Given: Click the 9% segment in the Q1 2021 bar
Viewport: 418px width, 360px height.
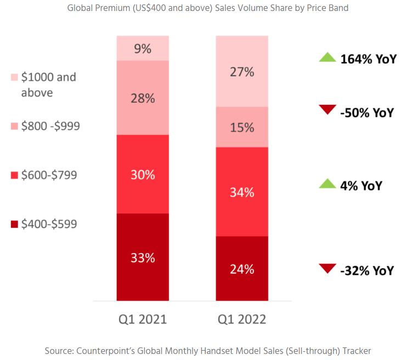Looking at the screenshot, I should (143, 48).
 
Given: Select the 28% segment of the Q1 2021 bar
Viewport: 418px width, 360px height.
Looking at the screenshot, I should (143, 98).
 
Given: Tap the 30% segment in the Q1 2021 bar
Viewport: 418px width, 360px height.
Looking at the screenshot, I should (143, 174).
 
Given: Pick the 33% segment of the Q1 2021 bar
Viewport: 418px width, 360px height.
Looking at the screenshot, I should (143, 257).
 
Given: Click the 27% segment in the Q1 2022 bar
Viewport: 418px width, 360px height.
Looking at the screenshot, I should (242, 71).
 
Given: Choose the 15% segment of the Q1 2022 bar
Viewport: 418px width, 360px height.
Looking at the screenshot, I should (242, 127).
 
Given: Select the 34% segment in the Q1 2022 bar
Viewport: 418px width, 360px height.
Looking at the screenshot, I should (242, 192).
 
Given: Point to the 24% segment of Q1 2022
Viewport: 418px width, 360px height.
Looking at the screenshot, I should (242, 268).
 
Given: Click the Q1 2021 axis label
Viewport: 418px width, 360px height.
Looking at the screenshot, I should (143, 319).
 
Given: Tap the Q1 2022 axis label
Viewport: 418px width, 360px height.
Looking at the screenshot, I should (242, 319).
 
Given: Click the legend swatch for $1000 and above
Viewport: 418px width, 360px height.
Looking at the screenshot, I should (14, 77).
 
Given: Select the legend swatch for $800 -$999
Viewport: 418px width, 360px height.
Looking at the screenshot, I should (14, 126).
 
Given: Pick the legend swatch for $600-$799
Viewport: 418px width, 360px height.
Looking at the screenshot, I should (14, 175).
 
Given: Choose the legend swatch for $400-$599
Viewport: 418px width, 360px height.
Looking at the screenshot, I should (14, 224).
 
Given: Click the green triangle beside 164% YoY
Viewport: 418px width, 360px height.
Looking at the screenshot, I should (327, 57).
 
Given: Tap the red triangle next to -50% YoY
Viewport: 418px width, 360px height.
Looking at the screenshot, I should (327, 110).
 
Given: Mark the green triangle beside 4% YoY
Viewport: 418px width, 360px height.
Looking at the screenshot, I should (327, 184).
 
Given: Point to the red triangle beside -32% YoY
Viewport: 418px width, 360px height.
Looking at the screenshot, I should (327, 268).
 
